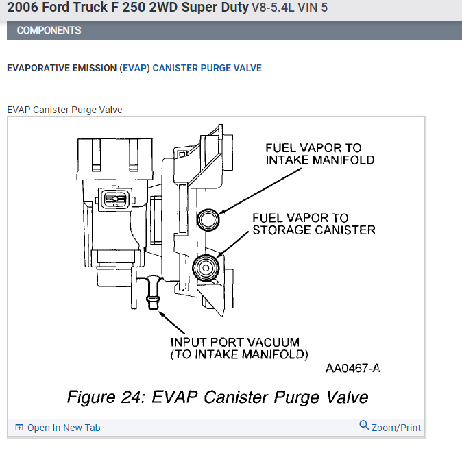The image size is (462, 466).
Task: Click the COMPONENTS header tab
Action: click(x=49, y=30)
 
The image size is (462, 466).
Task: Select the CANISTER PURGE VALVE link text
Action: click(x=206, y=69)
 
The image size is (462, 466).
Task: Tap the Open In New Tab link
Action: click(x=64, y=428)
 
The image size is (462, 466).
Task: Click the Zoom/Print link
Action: click(x=396, y=428)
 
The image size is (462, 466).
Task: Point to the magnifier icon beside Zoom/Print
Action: click(x=364, y=426)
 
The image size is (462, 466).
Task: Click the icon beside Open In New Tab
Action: click(x=19, y=428)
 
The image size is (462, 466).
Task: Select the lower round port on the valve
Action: click(x=206, y=266)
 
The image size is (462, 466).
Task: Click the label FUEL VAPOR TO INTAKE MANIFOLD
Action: click(x=319, y=154)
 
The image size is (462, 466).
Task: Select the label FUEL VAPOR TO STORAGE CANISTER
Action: click(x=313, y=223)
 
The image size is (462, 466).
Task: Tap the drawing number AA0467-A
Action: click(x=352, y=369)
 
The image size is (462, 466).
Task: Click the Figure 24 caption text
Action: click(x=217, y=397)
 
